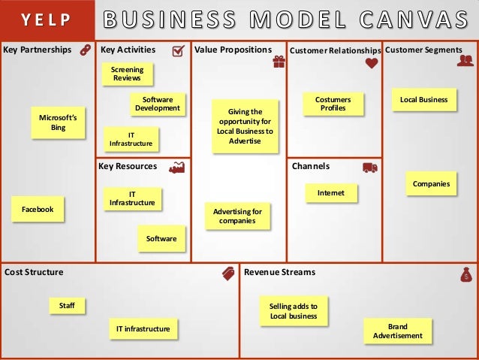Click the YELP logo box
47,19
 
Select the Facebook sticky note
38,210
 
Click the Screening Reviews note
127,74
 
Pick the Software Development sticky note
157,104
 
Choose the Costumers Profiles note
333,104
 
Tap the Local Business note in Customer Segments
423,99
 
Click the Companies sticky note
431,183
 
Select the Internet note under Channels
330,193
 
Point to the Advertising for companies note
236,216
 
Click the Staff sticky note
67,305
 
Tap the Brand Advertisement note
397,331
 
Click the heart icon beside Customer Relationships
371,65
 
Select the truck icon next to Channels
369,167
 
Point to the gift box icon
279,63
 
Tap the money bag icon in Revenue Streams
465,274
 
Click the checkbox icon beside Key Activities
179,50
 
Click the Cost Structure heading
35,272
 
